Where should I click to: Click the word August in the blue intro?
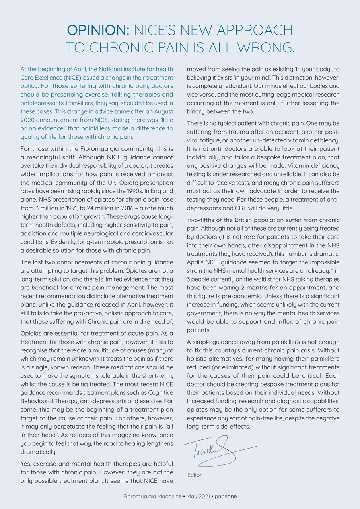(164, 111)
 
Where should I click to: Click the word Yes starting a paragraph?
(26, 463)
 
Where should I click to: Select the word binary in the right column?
(197, 112)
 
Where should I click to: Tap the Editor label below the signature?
(195, 475)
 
